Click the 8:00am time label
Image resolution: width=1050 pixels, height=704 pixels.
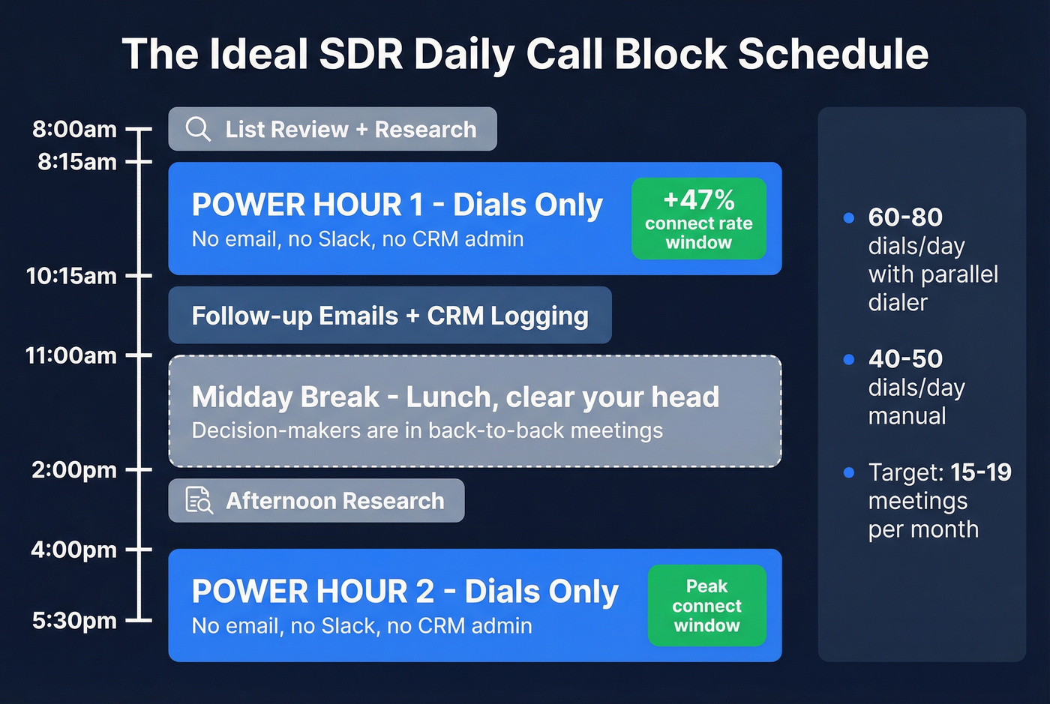[x=74, y=129]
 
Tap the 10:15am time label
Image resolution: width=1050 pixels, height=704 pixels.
[x=71, y=276]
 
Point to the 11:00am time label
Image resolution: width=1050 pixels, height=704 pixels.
[x=71, y=355]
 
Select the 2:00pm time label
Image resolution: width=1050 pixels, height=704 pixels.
[x=74, y=470]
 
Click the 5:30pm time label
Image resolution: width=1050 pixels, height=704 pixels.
[x=74, y=621]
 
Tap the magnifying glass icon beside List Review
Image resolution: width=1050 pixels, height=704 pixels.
[x=198, y=129]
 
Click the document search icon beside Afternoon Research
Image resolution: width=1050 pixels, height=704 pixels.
[x=199, y=500]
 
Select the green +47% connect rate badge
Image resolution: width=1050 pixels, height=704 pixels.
[x=698, y=219]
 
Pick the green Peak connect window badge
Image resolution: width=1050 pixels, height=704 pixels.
[x=706, y=606]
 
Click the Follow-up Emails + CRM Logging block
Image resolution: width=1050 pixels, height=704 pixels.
[x=389, y=316]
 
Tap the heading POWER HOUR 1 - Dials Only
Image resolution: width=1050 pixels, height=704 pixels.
[x=397, y=205]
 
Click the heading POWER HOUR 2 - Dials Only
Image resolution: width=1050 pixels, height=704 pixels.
[x=405, y=592]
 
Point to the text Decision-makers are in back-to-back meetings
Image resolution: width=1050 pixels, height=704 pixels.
[x=427, y=430]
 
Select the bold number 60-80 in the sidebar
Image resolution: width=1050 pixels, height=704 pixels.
[x=905, y=217]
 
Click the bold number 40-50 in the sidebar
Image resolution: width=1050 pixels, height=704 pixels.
[x=905, y=359]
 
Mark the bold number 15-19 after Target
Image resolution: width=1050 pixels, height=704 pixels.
[x=981, y=472]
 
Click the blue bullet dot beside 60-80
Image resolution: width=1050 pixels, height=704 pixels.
[x=849, y=218]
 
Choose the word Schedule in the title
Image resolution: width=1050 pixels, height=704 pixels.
[x=833, y=54]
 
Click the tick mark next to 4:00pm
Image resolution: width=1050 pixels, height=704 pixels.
[x=139, y=550]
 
